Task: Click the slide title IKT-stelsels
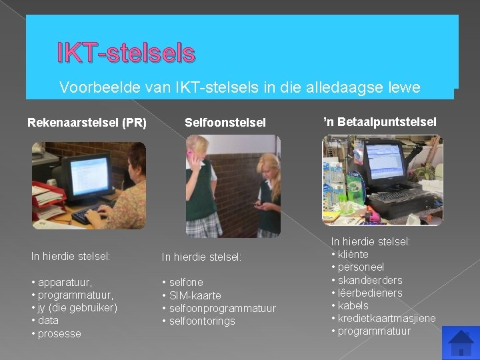(126, 53)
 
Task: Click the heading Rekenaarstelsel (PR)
(87, 122)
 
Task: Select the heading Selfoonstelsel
(225, 122)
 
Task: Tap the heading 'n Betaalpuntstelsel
(380, 121)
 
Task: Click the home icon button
(460, 342)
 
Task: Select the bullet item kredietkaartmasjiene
(386, 318)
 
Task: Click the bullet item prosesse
(59, 333)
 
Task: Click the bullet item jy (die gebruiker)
(77, 307)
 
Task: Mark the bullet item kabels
(353, 305)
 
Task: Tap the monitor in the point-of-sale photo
(401, 162)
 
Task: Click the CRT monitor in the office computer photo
(82, 177)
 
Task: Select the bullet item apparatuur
(65, 282)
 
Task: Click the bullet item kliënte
(353, 254)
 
